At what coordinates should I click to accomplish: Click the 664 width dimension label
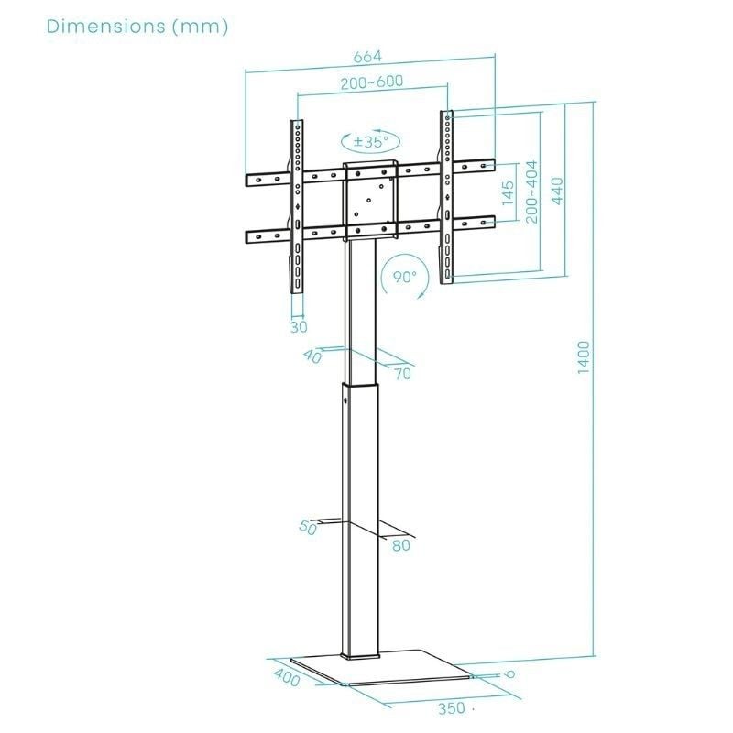click(x=369, y=58)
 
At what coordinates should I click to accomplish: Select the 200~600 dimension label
click(x=371, y=82)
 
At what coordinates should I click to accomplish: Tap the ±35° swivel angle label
click(x=371, y=142)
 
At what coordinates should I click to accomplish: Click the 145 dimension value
click(x=509, y=195)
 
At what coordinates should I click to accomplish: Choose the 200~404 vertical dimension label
click(x=531, y=191)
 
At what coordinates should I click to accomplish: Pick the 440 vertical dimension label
click(x=557, y=191)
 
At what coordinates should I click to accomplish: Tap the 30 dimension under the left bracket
click(x=299, y=325)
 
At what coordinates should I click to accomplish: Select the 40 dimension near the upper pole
click(x=312, y=357)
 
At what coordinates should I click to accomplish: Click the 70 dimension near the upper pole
click(x=403, y=373)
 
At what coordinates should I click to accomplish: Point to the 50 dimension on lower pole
click(x=307, y=528)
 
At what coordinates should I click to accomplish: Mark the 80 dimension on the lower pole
click(x=400, y=545)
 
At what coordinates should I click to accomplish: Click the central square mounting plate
click(x=371, y=195)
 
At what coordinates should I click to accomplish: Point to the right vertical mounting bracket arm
click(x=446, y=197)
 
